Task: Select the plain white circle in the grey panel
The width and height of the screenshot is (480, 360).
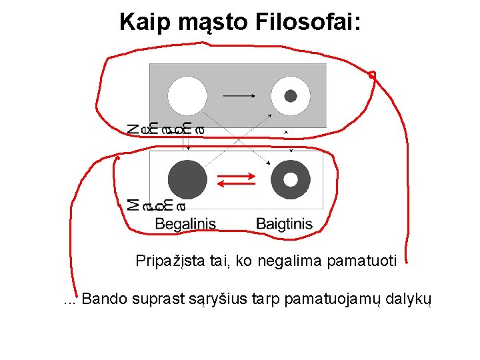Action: [187, 96]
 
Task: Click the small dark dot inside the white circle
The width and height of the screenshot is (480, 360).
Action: [291, 96]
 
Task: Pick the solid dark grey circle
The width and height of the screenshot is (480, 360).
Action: [187, 179]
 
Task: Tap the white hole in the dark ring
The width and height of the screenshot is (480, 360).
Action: [291, 179]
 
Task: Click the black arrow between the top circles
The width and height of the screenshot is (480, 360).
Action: [239, 96]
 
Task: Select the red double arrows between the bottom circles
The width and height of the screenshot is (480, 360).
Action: [237, 179]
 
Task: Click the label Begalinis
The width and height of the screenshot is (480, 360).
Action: [185, 223]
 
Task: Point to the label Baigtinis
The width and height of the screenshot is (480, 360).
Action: [284, 223]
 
